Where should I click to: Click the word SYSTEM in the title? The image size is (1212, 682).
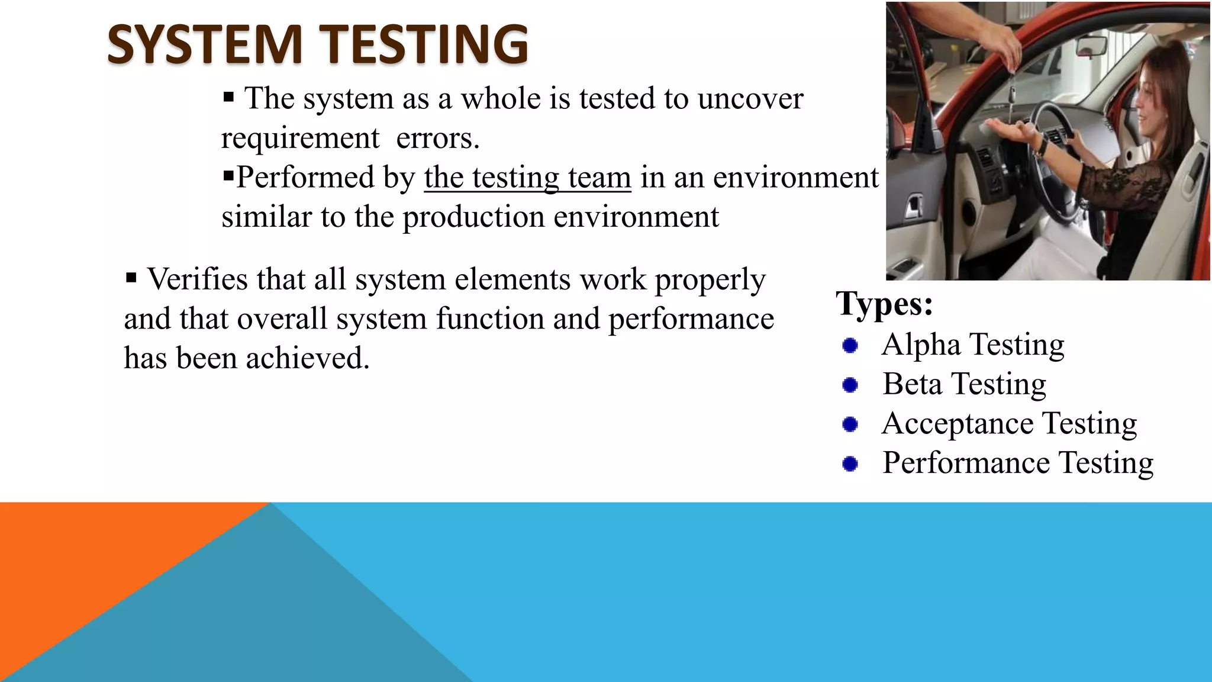205,44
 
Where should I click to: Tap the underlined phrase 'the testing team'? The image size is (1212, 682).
527,178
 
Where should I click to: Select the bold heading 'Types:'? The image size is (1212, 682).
884,304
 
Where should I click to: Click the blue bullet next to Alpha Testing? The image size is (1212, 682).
850,345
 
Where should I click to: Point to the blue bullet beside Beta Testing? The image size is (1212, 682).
850,385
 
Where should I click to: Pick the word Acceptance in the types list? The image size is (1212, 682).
958,424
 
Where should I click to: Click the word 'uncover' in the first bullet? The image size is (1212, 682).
750,99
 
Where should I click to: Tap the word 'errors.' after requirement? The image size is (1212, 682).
437,139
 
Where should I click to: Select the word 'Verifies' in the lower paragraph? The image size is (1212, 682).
197,279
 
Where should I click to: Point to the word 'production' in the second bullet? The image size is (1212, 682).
473,217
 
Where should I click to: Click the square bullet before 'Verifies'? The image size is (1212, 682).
131,277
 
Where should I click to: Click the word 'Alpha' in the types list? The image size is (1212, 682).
920,345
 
